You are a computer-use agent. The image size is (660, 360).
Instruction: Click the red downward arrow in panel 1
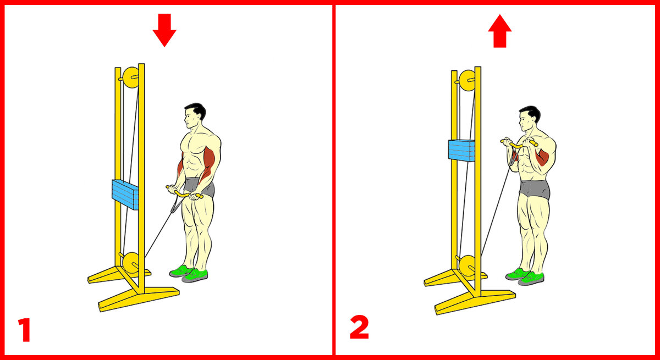coord(164,30)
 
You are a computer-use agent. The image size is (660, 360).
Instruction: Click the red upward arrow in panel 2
coord(500,31)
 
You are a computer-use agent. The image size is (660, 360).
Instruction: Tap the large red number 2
coord(359,327)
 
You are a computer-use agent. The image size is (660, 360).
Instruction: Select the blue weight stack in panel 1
coord(125,195)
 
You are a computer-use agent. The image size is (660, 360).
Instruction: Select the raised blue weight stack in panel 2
coord(461,151)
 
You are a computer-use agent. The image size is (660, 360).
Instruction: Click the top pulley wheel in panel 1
coord(130,77)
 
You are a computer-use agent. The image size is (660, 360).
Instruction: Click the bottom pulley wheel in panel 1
coord(131,264)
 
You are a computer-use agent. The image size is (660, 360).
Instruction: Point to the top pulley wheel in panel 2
coord(467,80)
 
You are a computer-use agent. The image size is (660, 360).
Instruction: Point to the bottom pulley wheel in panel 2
coord(468,266)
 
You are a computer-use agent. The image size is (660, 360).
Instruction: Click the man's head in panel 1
coord(194,115)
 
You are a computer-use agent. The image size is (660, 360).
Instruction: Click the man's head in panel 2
coord(529,118)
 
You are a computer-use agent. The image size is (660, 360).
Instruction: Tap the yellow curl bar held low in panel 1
coord(184,193)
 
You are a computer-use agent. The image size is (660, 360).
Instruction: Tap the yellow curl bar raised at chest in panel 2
coord(519,144)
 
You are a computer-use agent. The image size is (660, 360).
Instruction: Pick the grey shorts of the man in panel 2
coord(534,189)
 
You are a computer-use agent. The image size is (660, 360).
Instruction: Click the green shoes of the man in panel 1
coord(189,274)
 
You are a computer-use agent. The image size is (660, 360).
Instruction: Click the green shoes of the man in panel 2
coord(525,276)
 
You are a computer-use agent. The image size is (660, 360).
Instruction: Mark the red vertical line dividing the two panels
coord(334,180)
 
